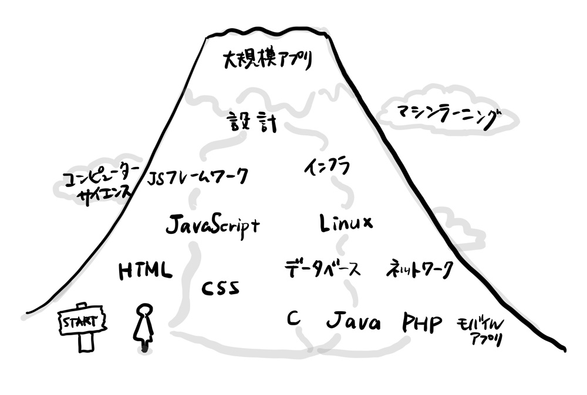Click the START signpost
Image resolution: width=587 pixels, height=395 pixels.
82,321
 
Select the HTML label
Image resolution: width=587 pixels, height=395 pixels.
146,270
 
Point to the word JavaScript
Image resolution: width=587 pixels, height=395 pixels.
212,225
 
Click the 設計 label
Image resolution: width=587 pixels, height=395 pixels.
252,123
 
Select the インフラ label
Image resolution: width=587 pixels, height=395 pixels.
327,167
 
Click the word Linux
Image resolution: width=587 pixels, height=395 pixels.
347,223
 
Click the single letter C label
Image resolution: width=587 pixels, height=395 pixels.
294,318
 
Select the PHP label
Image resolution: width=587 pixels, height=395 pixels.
422,323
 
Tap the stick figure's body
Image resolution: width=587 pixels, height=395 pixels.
142,331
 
